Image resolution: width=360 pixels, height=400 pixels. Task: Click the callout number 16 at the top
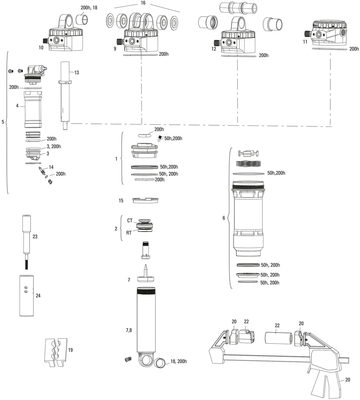143,3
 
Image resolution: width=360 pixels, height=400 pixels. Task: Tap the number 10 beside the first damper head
41,48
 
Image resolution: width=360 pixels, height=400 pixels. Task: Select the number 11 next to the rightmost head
305,42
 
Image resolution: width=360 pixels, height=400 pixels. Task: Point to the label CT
130,221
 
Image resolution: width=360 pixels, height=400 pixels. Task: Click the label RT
129,233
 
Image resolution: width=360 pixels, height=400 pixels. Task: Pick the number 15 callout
121,201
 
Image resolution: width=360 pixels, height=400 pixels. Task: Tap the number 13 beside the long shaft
77,72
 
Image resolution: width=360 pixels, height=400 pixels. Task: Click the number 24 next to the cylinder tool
38,296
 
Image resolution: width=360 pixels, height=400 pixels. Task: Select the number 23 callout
35,237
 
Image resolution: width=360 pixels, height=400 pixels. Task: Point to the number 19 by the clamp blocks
70,350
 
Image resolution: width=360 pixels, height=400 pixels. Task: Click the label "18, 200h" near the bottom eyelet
179,361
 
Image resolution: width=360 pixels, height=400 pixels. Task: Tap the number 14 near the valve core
51,167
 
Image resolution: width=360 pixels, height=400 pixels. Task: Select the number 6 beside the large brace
224,218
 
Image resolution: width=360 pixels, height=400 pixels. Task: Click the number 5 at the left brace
3,122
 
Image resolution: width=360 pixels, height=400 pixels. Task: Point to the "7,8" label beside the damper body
129,330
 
